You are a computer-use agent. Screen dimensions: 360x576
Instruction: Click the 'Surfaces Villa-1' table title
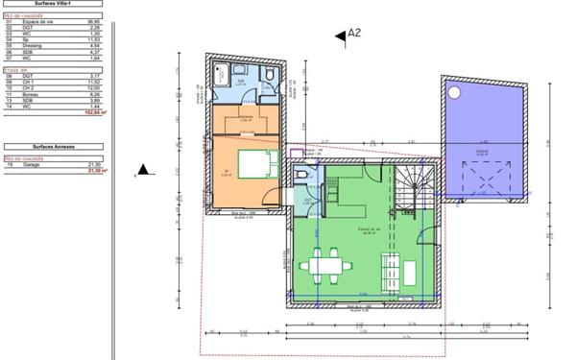pos(54,5)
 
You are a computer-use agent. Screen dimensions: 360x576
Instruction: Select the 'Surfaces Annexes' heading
pos(54,147)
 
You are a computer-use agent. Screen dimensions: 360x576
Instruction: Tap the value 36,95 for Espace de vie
pos(93,20)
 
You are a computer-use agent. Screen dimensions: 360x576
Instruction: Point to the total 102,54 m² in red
pos(95,112)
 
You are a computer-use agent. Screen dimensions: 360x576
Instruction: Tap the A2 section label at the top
pos(354,33)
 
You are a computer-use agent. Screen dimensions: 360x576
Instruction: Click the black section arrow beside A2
pos(339,36)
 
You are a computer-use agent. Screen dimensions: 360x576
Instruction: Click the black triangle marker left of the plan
pos(143,170)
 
